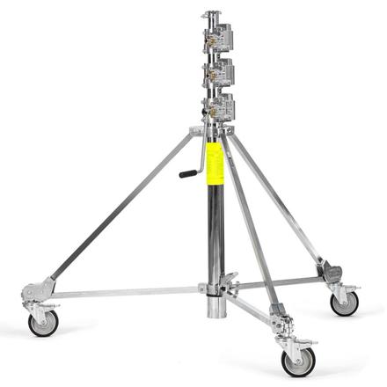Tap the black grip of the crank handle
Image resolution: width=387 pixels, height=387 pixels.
(187, 173)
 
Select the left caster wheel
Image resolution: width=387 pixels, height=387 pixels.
(41, 323)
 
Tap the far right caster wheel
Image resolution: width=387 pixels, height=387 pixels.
(343, 303)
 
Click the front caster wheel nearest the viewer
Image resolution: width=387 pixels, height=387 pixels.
(296, 359)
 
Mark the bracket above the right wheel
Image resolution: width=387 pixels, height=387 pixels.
(335, 274)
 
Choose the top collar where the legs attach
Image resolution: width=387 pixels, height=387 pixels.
(211, 132)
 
